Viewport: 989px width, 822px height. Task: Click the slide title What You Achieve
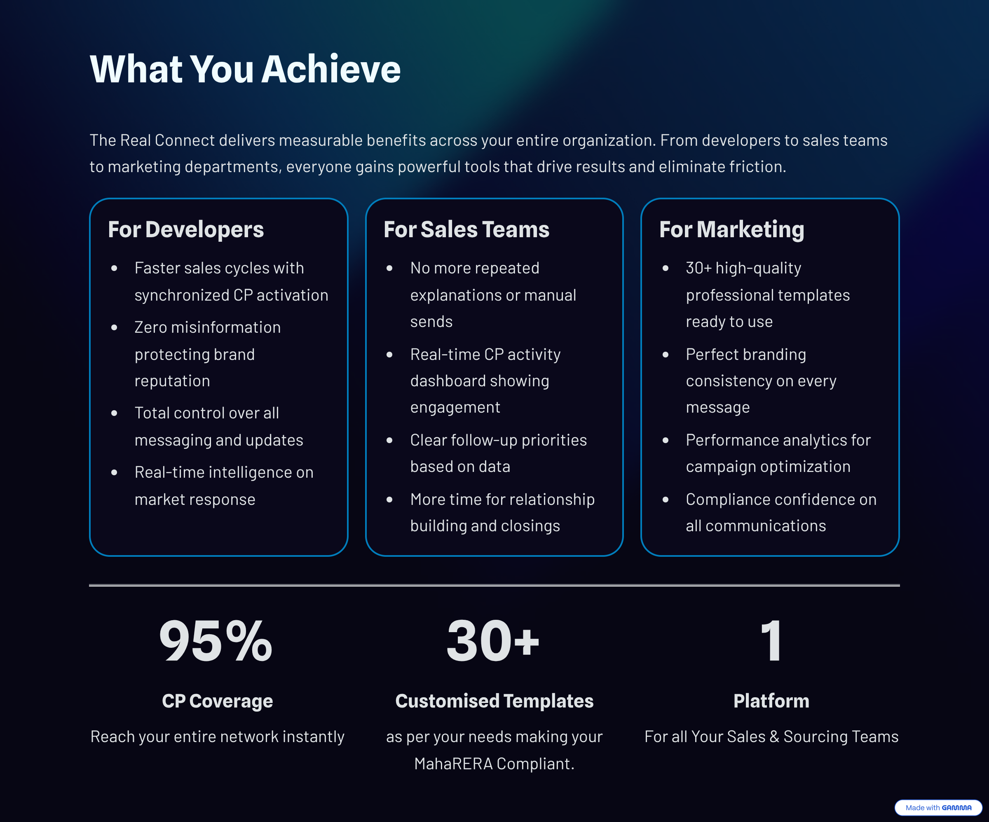click(245, 69)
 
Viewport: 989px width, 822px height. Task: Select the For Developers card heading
click(185, 230)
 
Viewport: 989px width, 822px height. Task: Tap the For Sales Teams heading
click(466, 230)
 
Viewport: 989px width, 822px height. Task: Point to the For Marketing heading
click(731, 230)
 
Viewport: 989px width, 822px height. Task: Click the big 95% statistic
click(216, 641)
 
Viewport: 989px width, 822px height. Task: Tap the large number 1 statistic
click(771, 641)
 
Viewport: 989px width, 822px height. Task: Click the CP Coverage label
click(217, 701)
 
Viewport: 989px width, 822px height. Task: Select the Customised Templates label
click(494, 701)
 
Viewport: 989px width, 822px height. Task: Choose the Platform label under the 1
click(771, 701)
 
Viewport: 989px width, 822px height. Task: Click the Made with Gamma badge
click(938, 808)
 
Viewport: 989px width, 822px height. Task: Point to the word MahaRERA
click(453, 764)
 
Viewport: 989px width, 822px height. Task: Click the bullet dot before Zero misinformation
click(114, 328)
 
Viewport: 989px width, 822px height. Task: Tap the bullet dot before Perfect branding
click(666, 355)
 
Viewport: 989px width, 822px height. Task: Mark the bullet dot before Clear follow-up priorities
click(389, 440)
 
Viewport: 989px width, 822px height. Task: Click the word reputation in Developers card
click(172, 381)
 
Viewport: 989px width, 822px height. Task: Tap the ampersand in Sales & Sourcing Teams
click(774, 737)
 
